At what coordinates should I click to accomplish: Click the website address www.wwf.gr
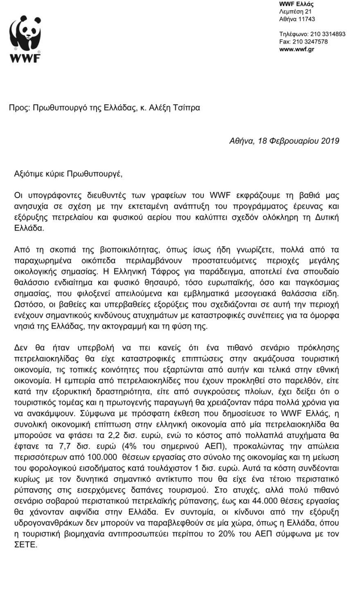(x=297, y=49)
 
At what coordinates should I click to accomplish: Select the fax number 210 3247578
(x=309, y=41)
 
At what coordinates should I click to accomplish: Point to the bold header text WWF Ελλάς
(x=297, y=4)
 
